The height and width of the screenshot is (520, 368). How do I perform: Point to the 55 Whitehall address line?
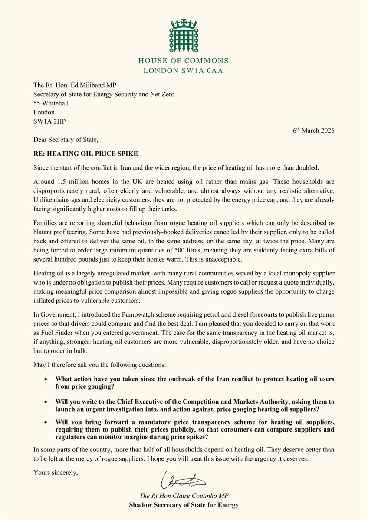51,103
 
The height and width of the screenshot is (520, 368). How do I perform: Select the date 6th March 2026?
311,131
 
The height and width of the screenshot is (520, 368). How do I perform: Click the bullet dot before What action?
46,379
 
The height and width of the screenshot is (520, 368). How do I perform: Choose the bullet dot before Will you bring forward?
46,422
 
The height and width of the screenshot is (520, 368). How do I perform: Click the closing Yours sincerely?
56,472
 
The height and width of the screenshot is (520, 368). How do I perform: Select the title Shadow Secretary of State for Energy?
184,505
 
